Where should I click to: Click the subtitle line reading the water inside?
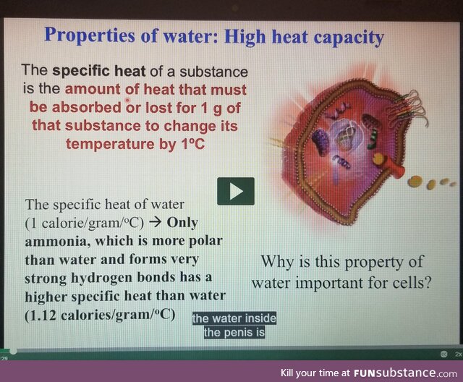234,319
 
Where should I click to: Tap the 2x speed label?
458,354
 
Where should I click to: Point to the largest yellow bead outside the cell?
415,183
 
